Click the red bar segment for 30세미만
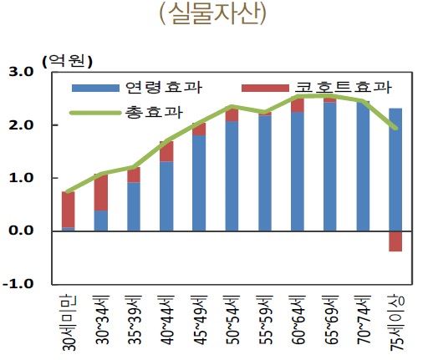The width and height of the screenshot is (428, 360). (68, 210)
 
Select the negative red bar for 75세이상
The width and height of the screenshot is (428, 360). (395, 241)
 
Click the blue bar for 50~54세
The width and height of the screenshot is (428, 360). (232, 176)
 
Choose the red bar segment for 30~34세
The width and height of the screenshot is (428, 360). (100, 192)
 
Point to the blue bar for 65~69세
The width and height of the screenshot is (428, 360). (330, 167)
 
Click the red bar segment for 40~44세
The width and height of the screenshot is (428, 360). (166, 151)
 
